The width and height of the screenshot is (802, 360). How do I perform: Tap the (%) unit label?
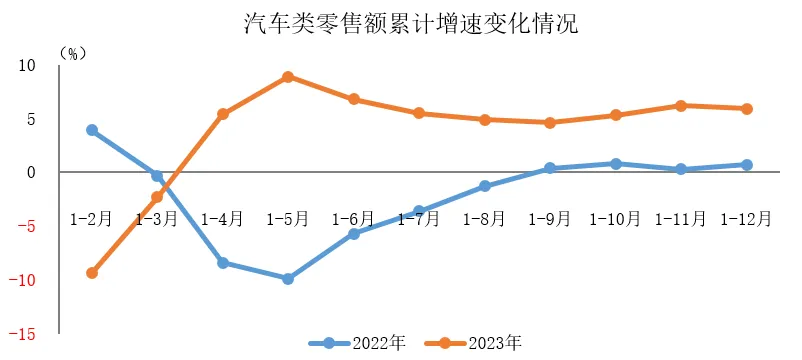coord(73,51)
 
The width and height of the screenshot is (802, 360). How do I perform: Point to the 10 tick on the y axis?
coord(26,66)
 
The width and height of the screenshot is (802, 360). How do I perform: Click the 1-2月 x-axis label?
coord(92,218)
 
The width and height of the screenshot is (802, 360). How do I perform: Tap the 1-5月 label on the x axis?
coord(287,218)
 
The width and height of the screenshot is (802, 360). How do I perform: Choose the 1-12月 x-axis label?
coord(746,218)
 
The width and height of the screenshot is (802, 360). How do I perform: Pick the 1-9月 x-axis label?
coord(549,218)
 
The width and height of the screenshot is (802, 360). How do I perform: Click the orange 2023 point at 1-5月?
coord(287,77)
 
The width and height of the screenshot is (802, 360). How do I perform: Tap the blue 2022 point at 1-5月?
coord(287,279)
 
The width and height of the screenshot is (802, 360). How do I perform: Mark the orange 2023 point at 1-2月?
coord(92,273)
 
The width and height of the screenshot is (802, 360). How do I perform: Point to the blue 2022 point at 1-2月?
coord(92,130)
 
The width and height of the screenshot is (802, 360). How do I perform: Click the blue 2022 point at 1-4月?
coord(222,263)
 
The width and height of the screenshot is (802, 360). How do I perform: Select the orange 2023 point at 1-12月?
coord(746,109)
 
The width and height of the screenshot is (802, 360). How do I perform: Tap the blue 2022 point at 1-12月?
coord(746,165)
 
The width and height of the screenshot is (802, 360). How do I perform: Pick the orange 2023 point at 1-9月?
coord(549,123)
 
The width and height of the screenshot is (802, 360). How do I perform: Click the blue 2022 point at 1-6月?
coord(353,234)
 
